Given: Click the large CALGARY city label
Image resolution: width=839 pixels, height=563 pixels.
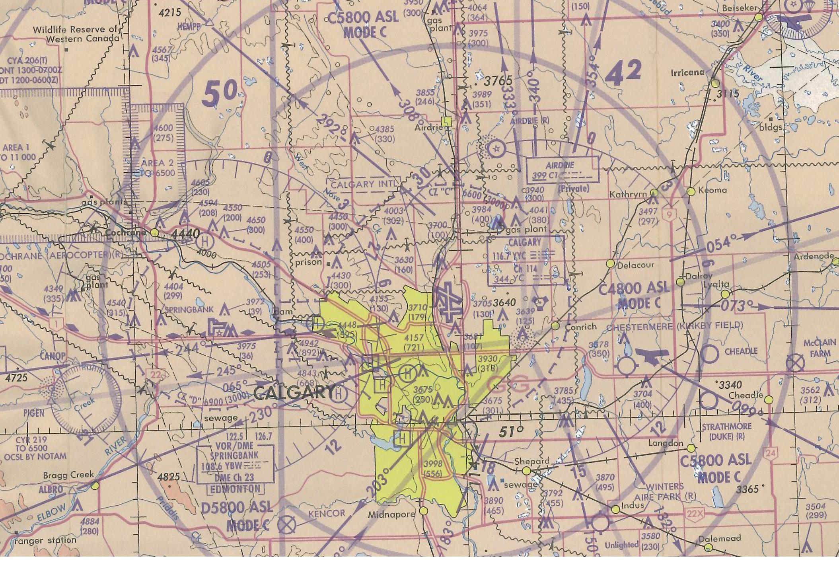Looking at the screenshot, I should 294,393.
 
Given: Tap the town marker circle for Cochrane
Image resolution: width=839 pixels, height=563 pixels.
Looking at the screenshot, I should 155,232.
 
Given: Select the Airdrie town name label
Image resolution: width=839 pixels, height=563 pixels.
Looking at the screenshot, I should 428,128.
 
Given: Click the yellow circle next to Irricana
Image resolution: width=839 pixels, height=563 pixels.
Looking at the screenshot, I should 715,84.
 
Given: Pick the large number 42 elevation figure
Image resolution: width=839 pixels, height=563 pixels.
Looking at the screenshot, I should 623,73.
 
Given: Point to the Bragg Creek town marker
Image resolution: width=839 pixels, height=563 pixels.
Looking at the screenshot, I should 95,485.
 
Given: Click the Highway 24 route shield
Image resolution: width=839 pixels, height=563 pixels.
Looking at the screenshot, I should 770,452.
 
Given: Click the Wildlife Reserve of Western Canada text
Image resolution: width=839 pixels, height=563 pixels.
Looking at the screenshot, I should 76,34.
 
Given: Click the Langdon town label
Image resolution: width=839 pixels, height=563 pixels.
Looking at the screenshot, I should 666,443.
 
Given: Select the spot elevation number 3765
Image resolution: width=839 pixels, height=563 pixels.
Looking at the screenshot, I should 499,81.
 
